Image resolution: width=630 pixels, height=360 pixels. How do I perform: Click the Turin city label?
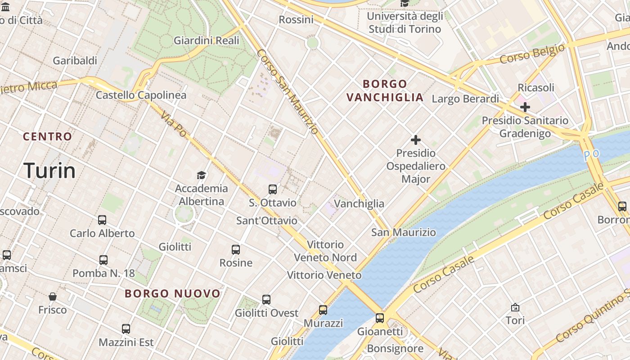click(49, 171)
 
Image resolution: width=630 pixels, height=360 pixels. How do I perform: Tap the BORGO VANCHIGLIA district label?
click(385, 90)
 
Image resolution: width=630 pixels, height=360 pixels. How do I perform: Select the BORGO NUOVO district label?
click(173, 294)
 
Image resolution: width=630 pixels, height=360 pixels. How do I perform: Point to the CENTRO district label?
click(47, 136)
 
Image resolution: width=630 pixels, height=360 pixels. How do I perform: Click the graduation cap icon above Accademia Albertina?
click(201, 175)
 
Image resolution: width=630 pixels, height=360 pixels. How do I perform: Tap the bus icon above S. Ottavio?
click(273, 189)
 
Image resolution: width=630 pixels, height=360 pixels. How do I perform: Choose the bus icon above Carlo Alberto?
click(102, 220)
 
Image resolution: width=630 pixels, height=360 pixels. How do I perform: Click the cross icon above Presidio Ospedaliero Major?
click(416, 140)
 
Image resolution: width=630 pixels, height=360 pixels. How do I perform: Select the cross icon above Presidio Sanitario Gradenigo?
click(525, 107)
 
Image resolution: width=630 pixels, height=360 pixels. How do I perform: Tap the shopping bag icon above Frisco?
click(53, 297)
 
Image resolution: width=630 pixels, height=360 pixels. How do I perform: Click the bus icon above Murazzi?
click(323, 310)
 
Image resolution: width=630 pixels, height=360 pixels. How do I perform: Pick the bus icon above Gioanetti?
click(380, 318)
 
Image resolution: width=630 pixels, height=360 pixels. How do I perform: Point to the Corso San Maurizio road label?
click(288, 91)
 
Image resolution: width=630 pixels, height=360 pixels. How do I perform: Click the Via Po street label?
click(173, 124)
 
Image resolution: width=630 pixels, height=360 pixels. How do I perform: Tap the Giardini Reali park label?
click(207, 40)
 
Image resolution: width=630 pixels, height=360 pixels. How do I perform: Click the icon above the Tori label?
click(515, 307)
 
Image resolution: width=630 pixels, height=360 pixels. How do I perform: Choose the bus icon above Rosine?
click(236, 249)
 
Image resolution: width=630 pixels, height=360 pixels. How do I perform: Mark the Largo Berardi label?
click(465, 99)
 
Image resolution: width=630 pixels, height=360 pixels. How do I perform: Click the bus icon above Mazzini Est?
click(126, 329)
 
